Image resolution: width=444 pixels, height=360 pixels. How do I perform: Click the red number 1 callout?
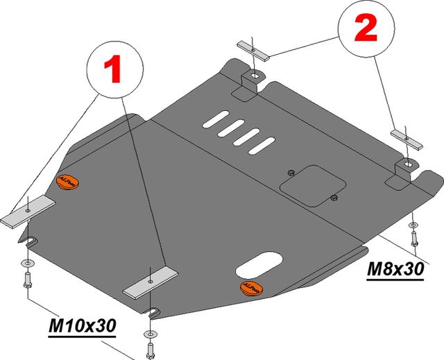click(113, 69)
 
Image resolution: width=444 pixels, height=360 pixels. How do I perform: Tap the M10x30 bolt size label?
click(81, 325)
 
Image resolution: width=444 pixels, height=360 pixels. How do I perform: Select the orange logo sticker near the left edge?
click(68, 180)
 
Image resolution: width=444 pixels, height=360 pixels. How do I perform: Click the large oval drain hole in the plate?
click(259, 264)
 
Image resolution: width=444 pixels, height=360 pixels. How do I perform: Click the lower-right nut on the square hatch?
click(334, 199)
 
